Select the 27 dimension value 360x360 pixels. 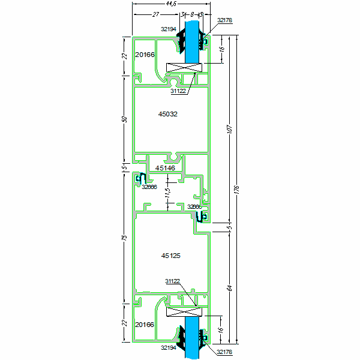[155, 14]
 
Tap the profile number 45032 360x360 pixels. [168, 113]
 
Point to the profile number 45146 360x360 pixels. [165, 169]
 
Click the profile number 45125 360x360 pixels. [171, 256]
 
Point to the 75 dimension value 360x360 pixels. [125, 239]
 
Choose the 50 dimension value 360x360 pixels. [125, 119]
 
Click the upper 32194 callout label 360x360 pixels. [169, 28]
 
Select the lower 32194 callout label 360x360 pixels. [169, 347]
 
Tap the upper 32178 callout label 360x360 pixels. [224, 20]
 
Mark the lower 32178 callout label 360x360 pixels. [224, 352]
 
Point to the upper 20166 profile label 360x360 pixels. [145, 55]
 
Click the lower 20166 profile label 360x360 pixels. [145, 325]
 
